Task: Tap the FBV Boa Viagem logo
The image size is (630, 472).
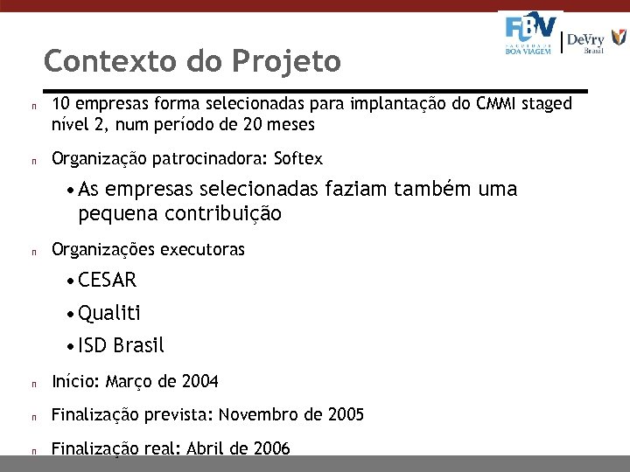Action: click(x=530, y=34)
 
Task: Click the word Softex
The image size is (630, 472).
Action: click(x=298, y=159)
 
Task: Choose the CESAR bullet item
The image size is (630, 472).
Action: click(x=107, y=281)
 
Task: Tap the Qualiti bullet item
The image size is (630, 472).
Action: click(x=108, y=313)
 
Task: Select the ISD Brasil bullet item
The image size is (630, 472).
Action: click(x=121, y=345)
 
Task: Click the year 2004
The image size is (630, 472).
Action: click(x=200, y=382)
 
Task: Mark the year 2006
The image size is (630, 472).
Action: click(x=271, y=448)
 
